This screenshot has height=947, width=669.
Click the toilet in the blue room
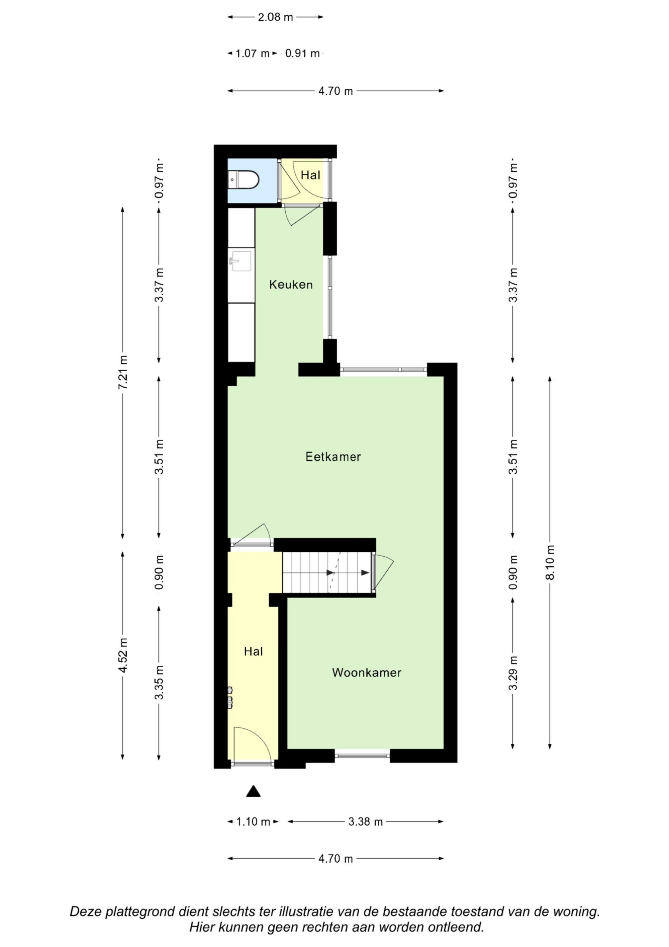point(243,180)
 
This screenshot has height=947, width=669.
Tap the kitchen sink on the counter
point(240,261)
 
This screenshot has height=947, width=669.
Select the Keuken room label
point(291,285)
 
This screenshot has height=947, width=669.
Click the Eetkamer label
point(333,457)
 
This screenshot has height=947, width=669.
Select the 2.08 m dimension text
point(275,17)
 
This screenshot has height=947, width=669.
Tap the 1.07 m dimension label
point(252,54)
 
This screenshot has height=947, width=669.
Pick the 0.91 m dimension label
point(302,54)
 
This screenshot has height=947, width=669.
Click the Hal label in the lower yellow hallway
point(253,652)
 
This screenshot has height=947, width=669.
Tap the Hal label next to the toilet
point(310,175)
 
